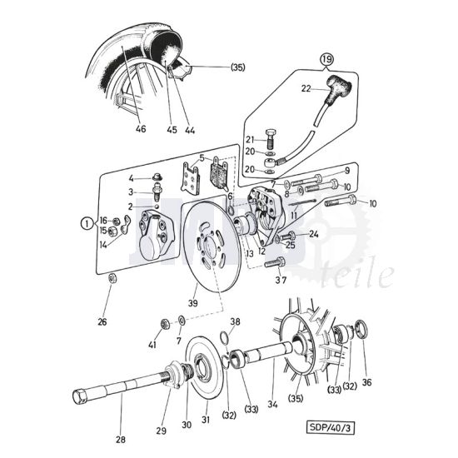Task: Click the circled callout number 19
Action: coord(326,59)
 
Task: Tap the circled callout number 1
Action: coord(87,222)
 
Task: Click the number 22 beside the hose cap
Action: coord(306,89)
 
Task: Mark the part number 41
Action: coord(152,343)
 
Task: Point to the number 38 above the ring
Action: coord(235,321)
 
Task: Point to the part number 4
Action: coord(131,178)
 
